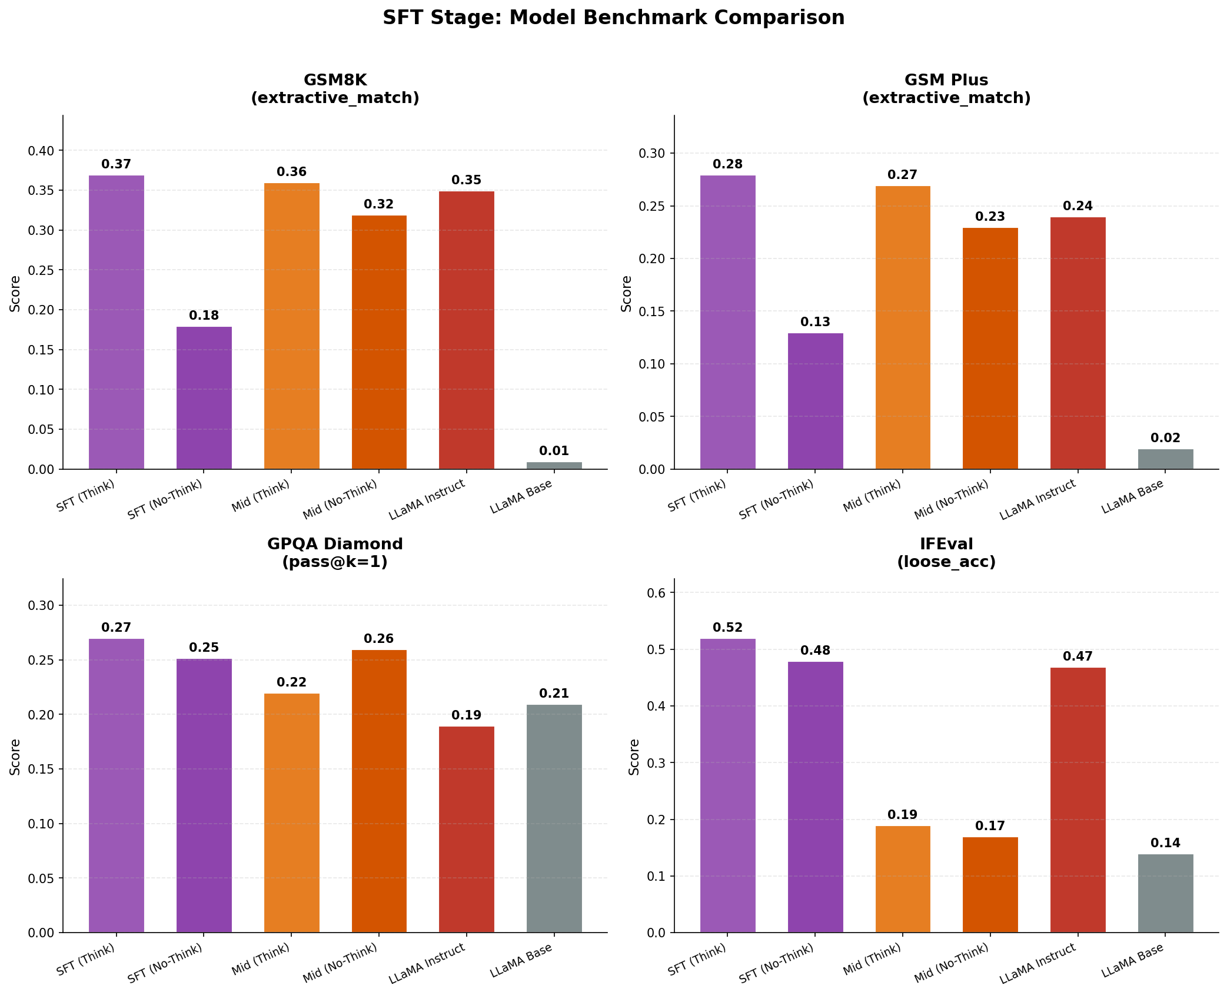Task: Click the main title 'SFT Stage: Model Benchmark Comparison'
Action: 613,18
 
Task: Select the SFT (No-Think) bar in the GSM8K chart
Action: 204,397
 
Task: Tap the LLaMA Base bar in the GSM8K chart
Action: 554,466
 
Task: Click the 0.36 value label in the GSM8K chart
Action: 291,172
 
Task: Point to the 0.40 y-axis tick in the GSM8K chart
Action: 41,151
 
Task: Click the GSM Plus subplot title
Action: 946,89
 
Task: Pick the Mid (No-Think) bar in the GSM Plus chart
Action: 990,349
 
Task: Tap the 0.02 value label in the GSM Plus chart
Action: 1165,438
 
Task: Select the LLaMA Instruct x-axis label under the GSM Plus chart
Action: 1038,499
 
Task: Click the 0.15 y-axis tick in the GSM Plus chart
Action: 652,311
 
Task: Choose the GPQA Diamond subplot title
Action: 335,552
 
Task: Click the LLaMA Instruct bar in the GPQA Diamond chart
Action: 466,829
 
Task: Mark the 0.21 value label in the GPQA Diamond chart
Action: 554,694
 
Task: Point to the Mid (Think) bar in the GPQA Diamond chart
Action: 291,812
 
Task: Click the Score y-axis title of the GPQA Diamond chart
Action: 15,757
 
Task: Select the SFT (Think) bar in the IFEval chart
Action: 727,785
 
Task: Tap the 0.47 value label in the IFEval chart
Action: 1078,656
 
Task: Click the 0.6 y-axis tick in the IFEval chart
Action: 657,593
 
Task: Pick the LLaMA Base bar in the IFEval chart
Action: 1165,893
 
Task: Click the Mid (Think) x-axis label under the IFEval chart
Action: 872,958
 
